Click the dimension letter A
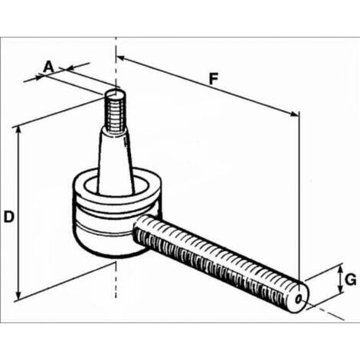pyautogui.click(x=48, y=67)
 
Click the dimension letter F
pyautogui.click(x=214, y=79)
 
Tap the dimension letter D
pyautogui.click(x=8, y=217)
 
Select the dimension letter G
pyautogui.click(x=350, y=280)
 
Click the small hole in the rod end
pyautogui.click(x=298, y=299)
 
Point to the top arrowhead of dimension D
pyautogui.click(x=18, y=131)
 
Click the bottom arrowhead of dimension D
pyautogui.click(x=18, y=295)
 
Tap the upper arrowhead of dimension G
pyautogui.click(x=340, y=269)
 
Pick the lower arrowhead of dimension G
pyautogui.click(x=340, y=289)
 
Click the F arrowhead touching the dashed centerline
pyautogui.click(x=121, y=58)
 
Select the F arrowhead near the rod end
pyautogui.click(x=293, y=114)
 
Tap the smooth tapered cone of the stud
pyautogui.click(x=116, y=161)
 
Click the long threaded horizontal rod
pyautogui.click(x=220, y=262)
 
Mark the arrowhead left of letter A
pyautogui.click(x=38, y=77)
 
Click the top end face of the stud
pyautogui.click(x=116, y=94)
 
